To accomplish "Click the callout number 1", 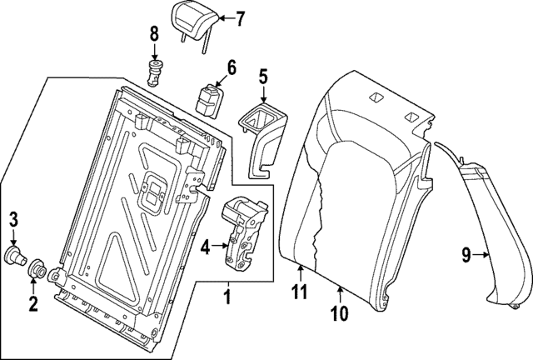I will coord(227,295).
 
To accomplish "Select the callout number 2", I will coord(33,303).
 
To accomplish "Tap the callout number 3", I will coord(13,221).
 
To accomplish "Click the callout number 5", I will coord(262,77).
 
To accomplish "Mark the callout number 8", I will coord(153,33).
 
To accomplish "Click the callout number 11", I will coord(299,291).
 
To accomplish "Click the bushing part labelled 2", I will coord(38,270).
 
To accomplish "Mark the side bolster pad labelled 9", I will coord(496,242).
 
